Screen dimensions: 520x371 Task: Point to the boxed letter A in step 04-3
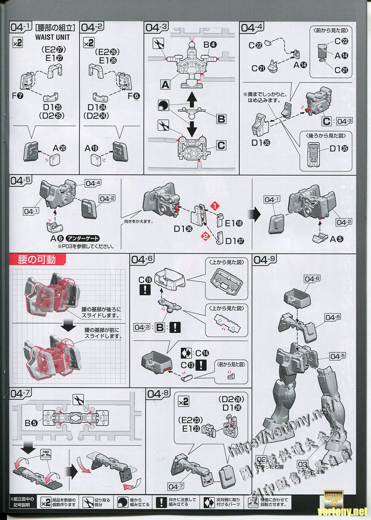tap(165, 84)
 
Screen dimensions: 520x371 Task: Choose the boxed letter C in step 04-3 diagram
tap(221, 145)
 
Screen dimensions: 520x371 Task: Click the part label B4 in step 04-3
tap(210, 44)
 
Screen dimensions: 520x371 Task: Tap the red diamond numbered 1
tap(214, 206)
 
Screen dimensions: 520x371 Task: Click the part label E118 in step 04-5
tap(234, 223)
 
